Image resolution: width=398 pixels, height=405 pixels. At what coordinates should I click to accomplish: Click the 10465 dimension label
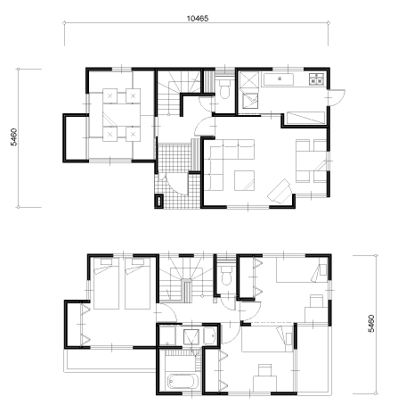198,19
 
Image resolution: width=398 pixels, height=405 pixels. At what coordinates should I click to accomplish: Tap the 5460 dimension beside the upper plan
14,137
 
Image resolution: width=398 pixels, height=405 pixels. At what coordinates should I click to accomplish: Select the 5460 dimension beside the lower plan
371,324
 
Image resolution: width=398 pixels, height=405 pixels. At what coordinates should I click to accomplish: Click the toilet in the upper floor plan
224,89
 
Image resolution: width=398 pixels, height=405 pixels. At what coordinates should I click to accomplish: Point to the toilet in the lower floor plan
226,275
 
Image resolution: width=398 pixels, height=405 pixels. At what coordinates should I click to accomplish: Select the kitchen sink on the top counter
279,79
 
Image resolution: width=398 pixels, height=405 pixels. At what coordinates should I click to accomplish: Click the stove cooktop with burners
316,79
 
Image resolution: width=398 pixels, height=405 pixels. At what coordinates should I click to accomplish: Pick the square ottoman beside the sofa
244,180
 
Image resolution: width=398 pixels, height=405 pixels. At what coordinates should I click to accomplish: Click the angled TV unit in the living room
280,191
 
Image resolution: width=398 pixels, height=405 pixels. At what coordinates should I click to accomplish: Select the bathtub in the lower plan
183,382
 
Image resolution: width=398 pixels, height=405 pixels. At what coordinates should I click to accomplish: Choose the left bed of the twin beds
106,284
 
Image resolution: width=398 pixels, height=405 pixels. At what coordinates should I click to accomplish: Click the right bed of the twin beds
137,284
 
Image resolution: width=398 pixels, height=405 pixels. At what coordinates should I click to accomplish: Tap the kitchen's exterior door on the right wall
337,97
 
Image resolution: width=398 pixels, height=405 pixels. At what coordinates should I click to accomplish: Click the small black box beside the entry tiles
159,201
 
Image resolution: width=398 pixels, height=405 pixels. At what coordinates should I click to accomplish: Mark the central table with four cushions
121,115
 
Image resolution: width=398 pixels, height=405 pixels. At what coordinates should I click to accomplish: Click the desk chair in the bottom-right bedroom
264,370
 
